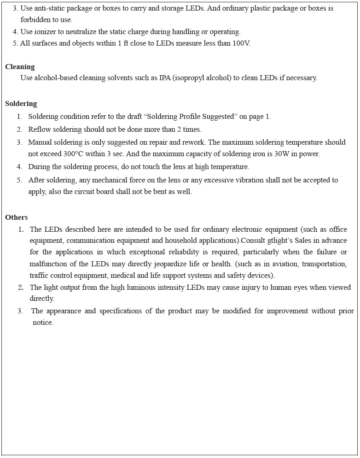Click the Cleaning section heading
[20, 67]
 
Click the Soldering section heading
[21, 104]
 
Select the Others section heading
[17, 217]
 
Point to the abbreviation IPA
[165, 78]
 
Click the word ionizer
[44, 32]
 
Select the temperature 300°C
[74, 154]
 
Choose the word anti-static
[51, 9]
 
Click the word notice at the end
[43, 323]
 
